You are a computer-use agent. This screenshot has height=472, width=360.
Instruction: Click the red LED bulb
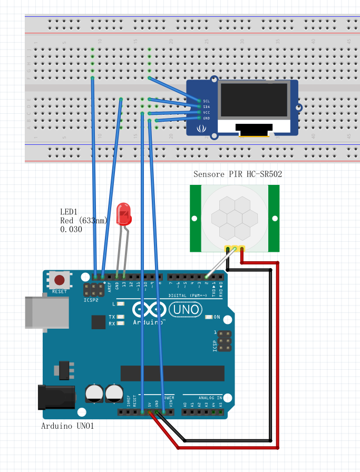coord(124,213)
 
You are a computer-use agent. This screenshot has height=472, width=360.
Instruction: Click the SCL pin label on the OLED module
coord(206,101)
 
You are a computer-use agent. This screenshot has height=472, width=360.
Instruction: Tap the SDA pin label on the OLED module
coord(206,106)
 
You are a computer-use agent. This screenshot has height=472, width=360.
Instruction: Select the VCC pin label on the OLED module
coord(206,112)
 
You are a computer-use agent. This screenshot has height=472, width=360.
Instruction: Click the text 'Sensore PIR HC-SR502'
coord(238,174)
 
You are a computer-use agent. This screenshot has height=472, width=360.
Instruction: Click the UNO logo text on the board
coord(185,309)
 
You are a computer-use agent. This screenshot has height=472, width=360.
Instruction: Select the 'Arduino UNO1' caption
coord(67,426)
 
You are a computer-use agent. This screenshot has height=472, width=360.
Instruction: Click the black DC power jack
coord(55,397)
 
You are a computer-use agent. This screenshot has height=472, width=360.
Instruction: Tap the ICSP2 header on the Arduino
coord(93,289)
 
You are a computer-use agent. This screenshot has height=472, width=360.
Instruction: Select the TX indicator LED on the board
coord(121,317)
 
